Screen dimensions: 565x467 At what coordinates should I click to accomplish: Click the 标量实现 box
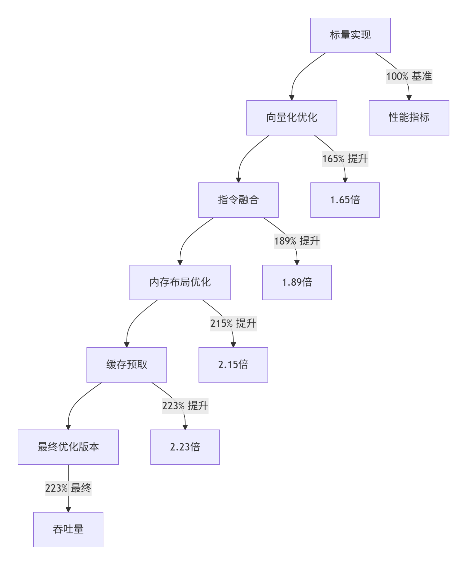click(x=350, y=35)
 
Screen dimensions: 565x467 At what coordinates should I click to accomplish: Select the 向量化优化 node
click(x=291, y=118)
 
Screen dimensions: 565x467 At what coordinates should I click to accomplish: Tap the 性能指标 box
click(x=409, y=118)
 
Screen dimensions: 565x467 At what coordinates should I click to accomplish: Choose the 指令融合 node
click(x=238, y=200)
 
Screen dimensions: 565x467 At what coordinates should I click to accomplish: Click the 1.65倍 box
click(x=345, y=200)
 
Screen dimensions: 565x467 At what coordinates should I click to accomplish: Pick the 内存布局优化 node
click(x=180, y=282)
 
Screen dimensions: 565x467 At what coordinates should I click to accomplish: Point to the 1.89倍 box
click(x=297, y=282)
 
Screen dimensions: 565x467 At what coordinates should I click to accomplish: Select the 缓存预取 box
click(x=127, y=365)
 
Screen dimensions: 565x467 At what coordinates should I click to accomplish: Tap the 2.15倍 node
click(x=233, y=365)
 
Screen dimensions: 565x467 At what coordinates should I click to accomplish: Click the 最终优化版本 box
click(x=68, y=447)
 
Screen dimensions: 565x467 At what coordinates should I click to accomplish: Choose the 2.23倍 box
click(x=185, y=447)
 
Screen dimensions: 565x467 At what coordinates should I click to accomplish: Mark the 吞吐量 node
click(x=68, y=530)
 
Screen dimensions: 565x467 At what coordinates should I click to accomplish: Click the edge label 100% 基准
click(x=409, y=77)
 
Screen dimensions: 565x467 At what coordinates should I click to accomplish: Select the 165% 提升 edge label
click(x=345, y=159)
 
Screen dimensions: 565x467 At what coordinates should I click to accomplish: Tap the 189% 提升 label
click(x=297, y=241)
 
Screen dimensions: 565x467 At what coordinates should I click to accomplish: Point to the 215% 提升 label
click(x=233, y=324)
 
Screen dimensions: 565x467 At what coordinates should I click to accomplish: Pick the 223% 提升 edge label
click(x=185, y=406)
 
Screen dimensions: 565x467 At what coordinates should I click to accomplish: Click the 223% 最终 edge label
click(x=68, y=488)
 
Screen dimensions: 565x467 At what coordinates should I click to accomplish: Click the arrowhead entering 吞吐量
click(x=68, y=509)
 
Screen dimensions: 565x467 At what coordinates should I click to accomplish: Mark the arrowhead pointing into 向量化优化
click(x=292, y=97)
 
